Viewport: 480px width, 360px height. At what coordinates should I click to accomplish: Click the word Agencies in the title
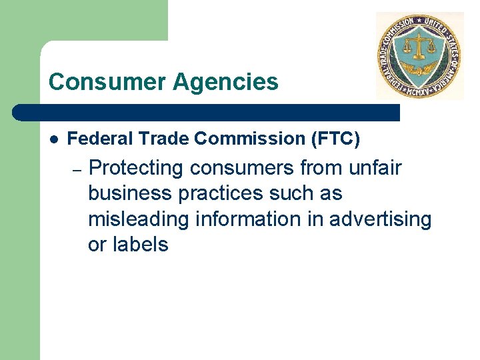tap(226, 82)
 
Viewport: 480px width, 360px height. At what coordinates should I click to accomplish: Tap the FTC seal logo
tap(419, 56)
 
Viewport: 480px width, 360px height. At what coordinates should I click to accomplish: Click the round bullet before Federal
tap(53, 139)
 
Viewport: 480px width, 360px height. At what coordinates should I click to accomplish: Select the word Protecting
tap(136, 168)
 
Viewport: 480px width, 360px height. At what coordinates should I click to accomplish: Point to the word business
tap(127, 193)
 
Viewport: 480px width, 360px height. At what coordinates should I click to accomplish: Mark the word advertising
tap(380, 219)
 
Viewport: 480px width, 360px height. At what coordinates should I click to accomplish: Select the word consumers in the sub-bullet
tap(244, 169)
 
